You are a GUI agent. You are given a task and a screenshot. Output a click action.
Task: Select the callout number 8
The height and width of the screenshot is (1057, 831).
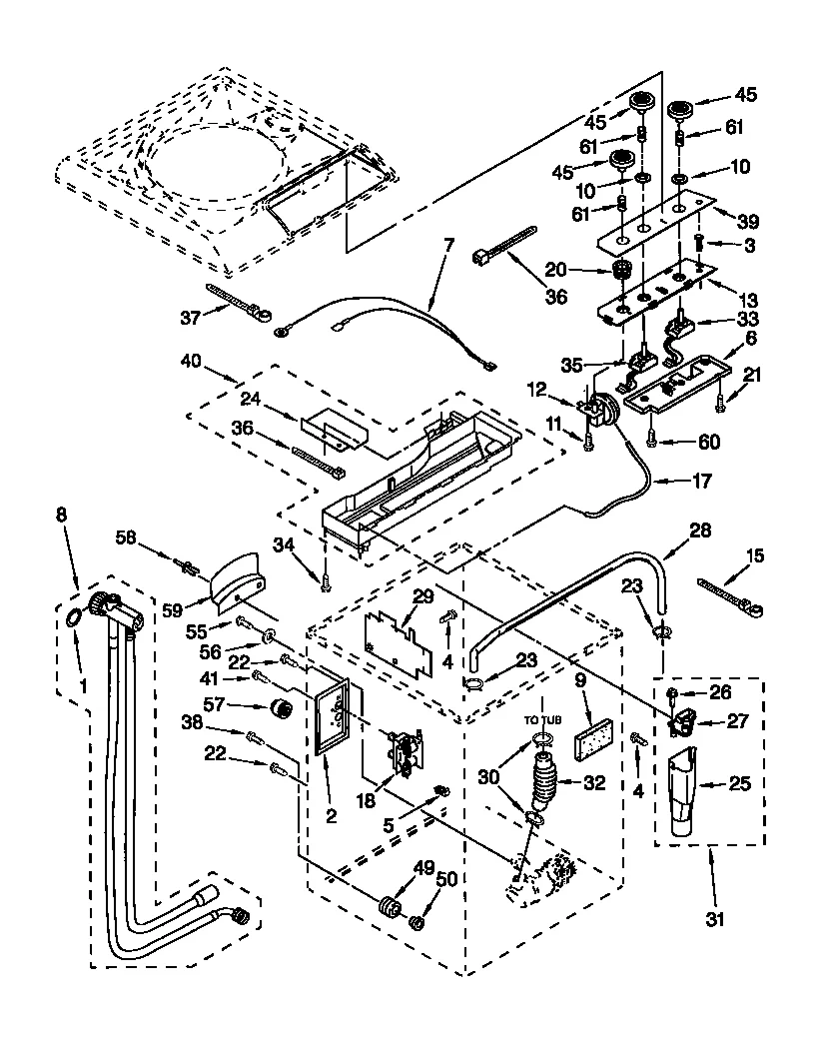(62, 517)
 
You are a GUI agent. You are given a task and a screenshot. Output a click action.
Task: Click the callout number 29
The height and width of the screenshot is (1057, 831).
(422, 596)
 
